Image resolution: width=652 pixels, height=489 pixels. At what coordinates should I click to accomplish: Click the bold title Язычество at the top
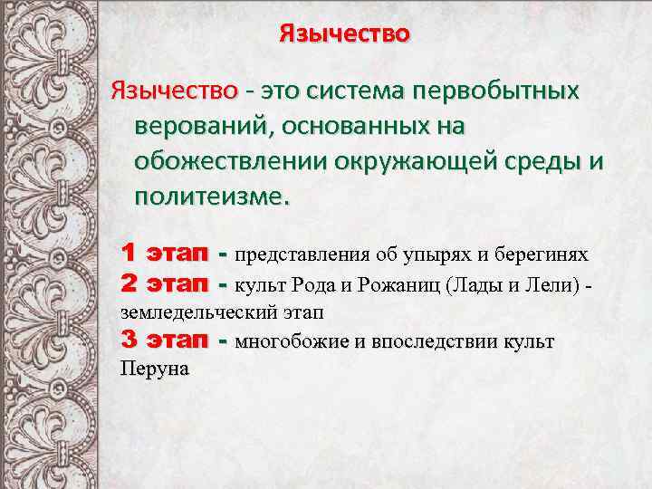click(344, 34)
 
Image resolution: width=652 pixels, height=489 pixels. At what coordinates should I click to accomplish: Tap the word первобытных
click(495, 91)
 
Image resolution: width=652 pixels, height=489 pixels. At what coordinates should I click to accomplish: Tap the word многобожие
click(289, 342)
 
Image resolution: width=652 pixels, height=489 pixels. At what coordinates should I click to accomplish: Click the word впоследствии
click(435, 342)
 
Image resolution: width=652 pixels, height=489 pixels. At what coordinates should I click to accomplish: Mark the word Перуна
click(155, 369)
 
